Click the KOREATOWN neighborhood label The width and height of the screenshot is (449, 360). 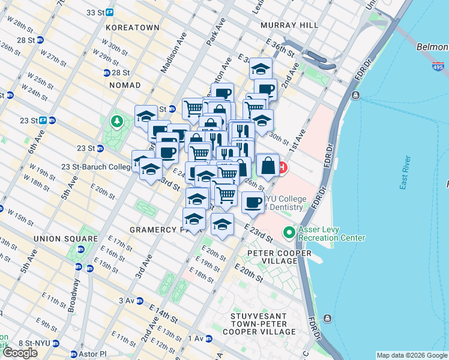click(132, 28)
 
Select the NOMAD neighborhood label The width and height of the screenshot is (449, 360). click(125, 85)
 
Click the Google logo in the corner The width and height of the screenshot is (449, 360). click(20, 352)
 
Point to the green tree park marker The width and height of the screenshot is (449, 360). click(116, 122)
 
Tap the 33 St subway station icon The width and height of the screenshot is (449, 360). click(109, 12)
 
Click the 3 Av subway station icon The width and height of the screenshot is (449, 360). click(139, 301)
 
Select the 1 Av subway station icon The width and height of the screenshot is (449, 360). click(209, 339)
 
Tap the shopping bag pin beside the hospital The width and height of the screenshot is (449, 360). click(269, 166)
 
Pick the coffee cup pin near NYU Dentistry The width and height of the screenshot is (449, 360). click(253, 202)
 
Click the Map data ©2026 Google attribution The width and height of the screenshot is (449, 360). click(411, 355)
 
